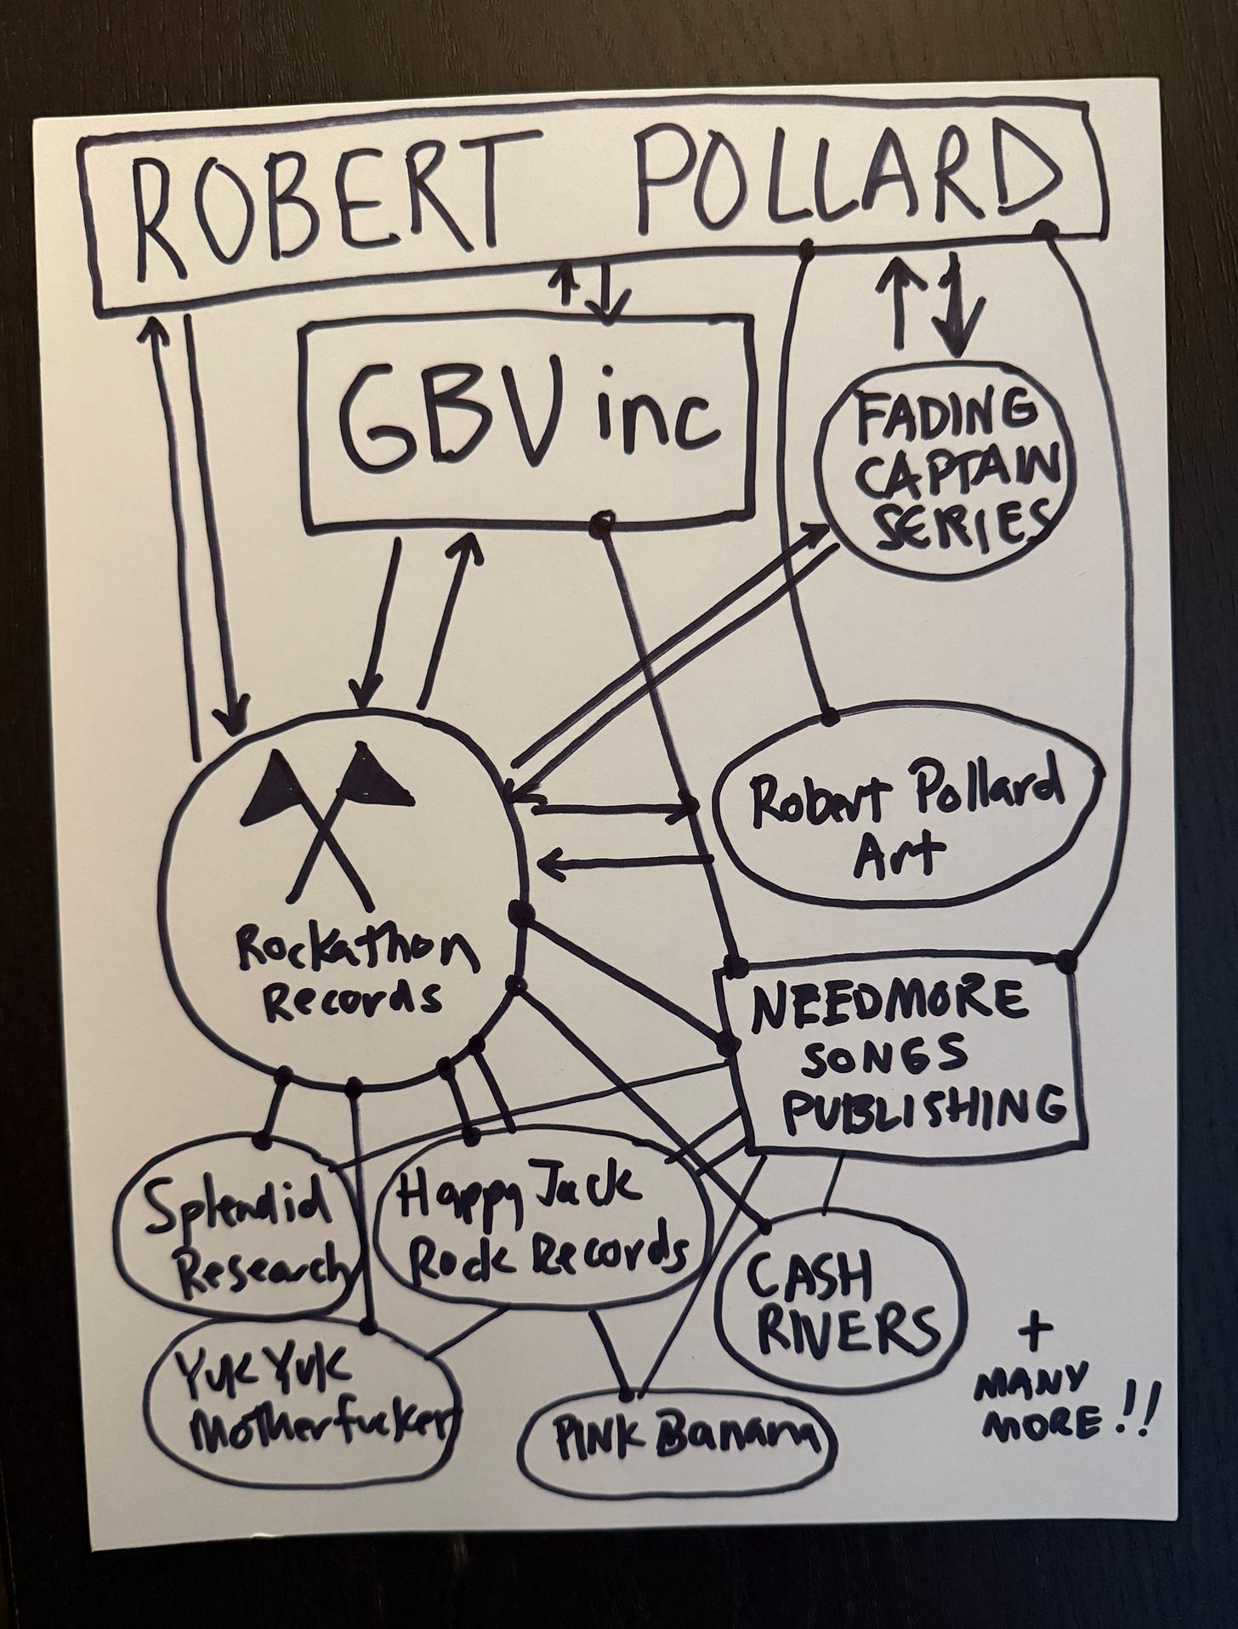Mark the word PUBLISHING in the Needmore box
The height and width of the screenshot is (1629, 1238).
coord(922,1106)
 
